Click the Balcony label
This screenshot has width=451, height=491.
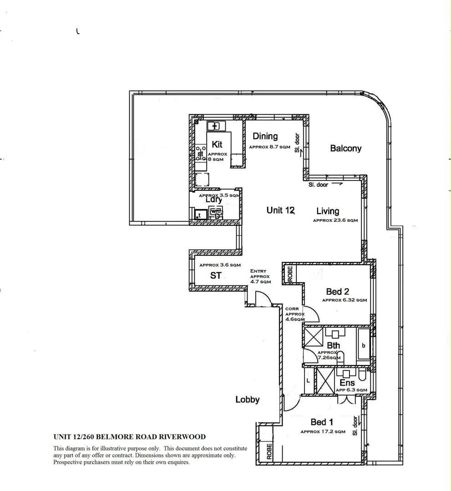pyautogui.click(x=345, y=148)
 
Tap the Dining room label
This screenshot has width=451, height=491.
pyautogui.click(x=265, y=136)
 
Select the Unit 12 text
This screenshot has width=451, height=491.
pyautogui.click(x=280, y=210)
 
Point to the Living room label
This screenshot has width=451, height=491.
pyautogui.click(x=328, y=211)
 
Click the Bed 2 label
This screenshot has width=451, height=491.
pyautogui.click(x=337, y=291)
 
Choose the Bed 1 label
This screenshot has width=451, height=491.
pyautogui.click(x=322, y=423)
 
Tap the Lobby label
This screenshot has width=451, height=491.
pyautogui.click(x=247, y=400)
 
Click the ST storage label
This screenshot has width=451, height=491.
pyautogui.click(x=216, y=276)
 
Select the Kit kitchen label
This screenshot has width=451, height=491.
pyautogui.click(x=217, y=145)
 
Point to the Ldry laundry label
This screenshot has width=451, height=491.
pyautogui.click(x=213, y=200)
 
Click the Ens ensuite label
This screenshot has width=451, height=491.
pyautogui.click(x=347, y=383)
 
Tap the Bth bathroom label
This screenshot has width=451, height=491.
pyautogui.click(x=333, y=346)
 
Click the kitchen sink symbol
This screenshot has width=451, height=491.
pyautogui.click(x=214, y=126)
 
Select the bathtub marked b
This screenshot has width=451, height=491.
pyautogui.click(x=364, y=345)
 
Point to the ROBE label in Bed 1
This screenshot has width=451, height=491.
pyautogui.click(x=269, y=451)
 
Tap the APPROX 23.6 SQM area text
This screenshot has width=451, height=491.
pyautogui.click(x=335, y=220)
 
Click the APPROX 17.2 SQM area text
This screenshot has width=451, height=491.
pyautogui.click(x=323, y=432)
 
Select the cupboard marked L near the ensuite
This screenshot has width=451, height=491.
pyautogui.click(x=308, y=380)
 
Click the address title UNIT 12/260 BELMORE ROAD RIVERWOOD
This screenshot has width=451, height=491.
pyautogui.click(x=129, y=437)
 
